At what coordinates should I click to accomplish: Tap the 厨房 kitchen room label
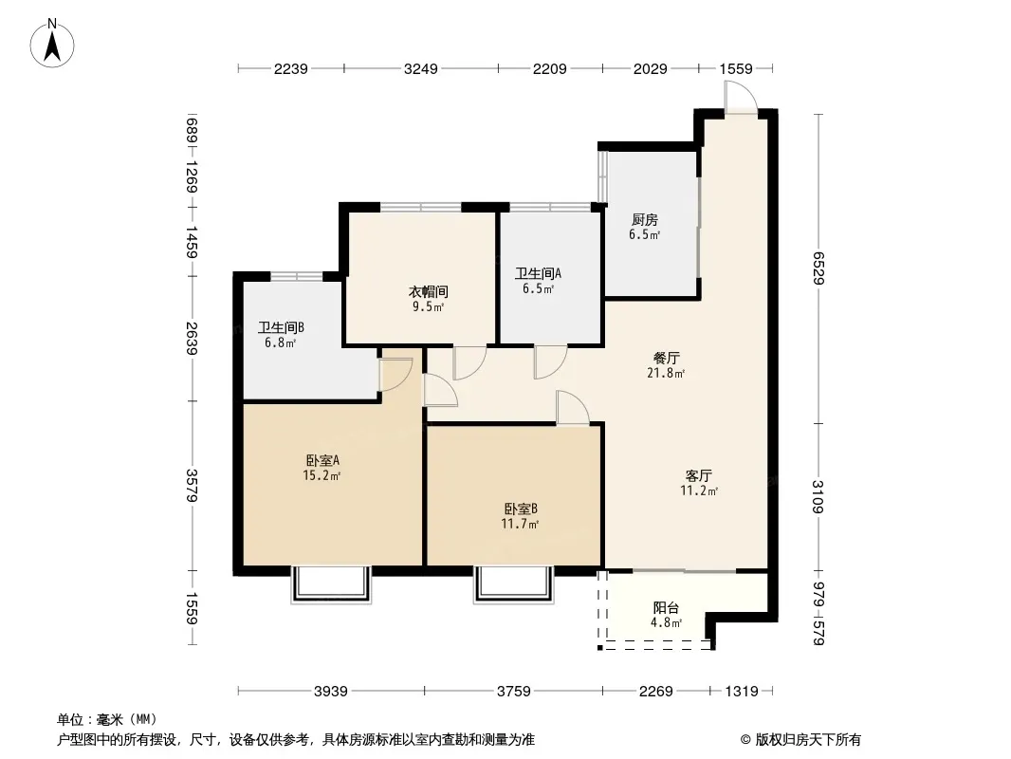[645, 220]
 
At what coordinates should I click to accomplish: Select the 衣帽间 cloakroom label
[422, 292]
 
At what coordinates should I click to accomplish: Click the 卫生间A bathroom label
[536, 274]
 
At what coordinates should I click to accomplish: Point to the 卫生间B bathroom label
[281, 328]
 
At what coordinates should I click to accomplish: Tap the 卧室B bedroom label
[521, 509]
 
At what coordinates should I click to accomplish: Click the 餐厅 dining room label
[667, 359]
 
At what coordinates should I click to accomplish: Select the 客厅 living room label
[699, 476]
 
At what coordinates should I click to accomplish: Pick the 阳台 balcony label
[666, 608]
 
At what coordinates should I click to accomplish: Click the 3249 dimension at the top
[420, 68]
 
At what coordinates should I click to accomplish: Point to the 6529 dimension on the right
[818, 267]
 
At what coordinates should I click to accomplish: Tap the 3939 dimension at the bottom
[331, 691]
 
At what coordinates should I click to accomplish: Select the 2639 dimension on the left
[193, 338]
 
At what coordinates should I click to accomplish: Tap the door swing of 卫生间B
[395, 374]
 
